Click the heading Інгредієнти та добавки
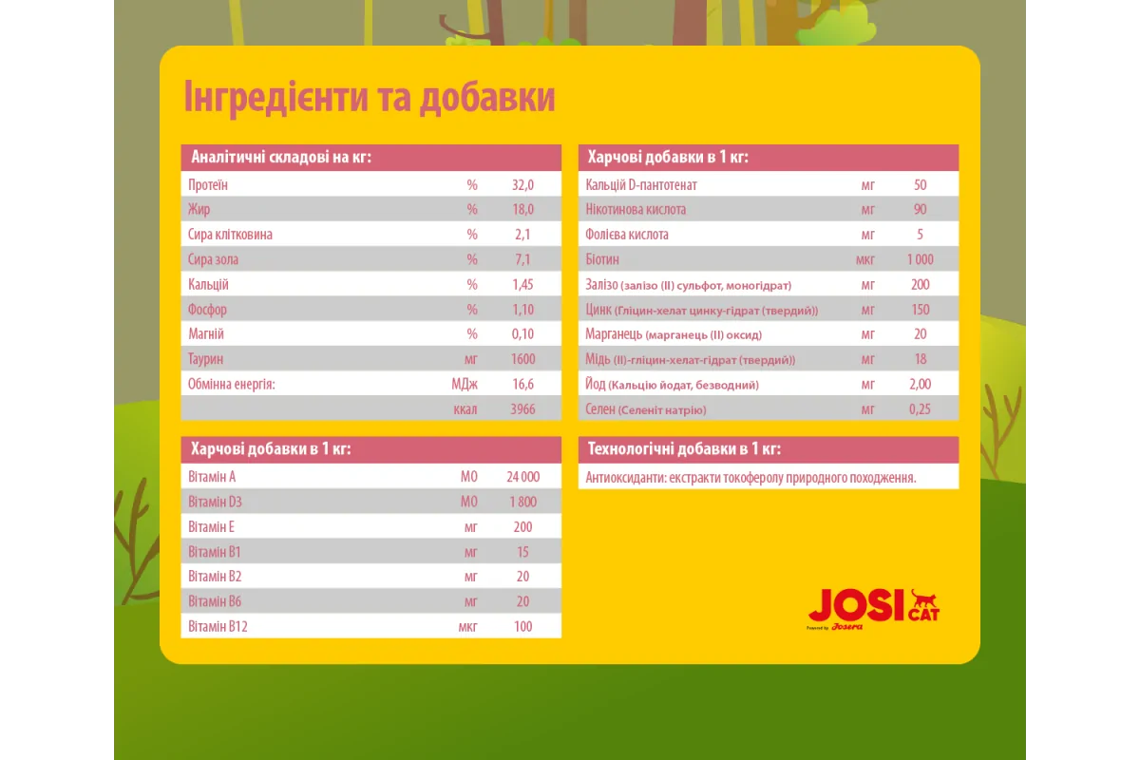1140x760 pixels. (369, 99)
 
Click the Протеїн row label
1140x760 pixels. (208, 185)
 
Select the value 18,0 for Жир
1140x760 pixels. (523, 210)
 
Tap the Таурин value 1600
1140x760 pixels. (523, 359)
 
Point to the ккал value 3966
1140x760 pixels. (523, 408)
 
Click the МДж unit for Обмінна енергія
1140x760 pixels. (465, 384)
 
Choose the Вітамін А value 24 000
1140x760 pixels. (523, 477)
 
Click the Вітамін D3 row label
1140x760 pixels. (209, 502)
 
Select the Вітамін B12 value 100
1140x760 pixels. (523, 626)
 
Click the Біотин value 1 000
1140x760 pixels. (920, 259)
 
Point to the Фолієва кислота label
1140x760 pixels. (628, 235)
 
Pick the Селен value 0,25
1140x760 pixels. (920, 408)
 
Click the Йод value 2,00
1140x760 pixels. (920, 384)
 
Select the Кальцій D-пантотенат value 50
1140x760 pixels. (920, 185)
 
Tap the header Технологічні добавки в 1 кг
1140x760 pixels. (684, 449)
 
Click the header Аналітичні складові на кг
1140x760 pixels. (280, 157)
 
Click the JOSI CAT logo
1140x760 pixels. (873, 609)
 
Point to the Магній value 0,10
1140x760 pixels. (523, 334)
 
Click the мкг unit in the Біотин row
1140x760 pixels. (865, 259)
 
